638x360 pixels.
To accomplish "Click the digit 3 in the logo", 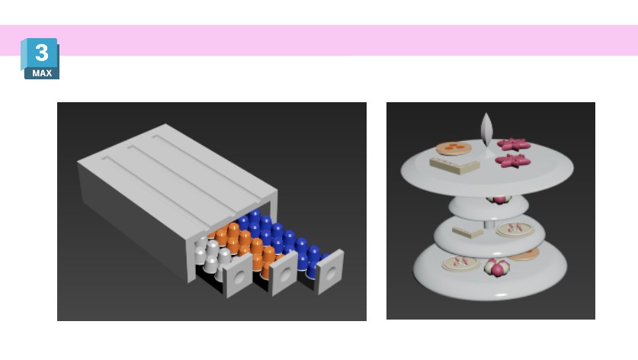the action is point(41,52).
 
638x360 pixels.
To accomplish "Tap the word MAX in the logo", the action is point(43,73).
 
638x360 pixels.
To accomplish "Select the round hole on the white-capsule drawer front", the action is point(239,278).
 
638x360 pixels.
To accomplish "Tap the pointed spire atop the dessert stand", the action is point(486,129).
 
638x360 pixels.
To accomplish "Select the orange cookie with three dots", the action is point(450,148).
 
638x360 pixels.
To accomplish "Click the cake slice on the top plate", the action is point(454,166).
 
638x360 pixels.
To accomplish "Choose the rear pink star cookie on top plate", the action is point(514,143).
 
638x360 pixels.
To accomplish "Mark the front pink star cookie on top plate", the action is point(513,161).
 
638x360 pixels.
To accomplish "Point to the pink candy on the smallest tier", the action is point(499,200).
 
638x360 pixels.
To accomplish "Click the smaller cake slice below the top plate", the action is point(467,232).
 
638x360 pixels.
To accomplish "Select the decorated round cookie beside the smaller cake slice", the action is point(515,230).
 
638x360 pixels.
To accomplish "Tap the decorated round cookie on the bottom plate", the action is point(460,262).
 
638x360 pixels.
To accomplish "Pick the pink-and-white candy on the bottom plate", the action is point(497,268).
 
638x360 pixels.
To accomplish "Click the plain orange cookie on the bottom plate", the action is point(524,255).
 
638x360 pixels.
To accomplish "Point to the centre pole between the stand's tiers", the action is point(489,225).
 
